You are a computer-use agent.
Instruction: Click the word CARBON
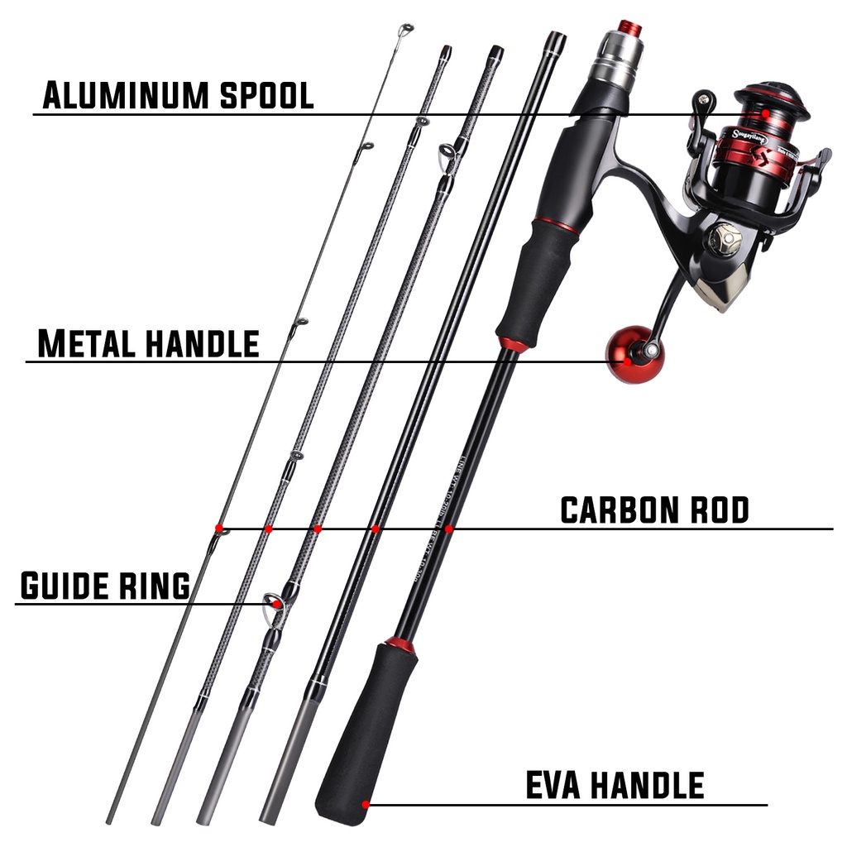click(612, 510)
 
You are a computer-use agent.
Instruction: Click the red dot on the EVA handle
click(365, 802)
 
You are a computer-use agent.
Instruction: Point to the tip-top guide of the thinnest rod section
click(404, 30)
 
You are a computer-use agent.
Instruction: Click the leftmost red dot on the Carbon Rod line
click(219, 528)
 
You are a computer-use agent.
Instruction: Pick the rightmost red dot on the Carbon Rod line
click(447, 528)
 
